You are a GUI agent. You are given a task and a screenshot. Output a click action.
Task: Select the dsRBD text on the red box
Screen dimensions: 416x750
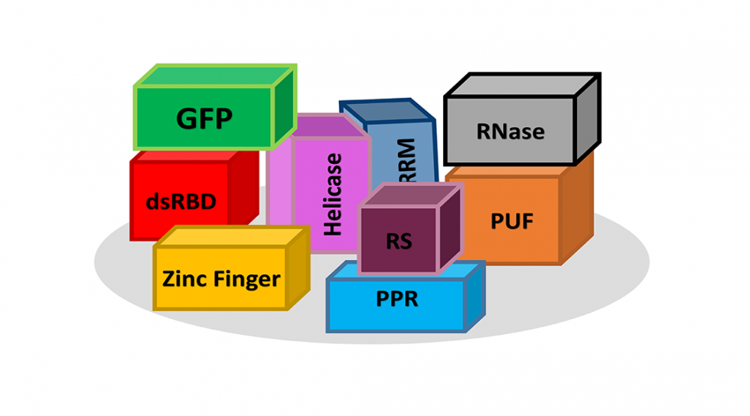click(181, 202)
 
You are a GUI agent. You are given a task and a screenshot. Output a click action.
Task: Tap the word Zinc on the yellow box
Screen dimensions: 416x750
click(186, 279)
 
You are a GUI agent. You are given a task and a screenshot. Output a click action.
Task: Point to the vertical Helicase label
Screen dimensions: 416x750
click(333, 194)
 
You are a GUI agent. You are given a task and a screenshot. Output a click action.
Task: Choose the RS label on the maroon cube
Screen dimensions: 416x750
click(398, 242)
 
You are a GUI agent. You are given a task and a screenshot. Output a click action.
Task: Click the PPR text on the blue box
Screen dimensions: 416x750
click(397, 298)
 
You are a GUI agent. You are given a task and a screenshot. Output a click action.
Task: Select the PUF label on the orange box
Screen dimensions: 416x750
click(511, 222)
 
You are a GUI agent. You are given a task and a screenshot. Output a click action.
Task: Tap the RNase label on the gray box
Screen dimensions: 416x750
click(510, 131)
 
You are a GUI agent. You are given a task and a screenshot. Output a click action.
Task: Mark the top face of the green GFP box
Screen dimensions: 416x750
click(214, 76)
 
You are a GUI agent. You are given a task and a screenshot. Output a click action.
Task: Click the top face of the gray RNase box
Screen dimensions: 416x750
click(520, 85)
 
